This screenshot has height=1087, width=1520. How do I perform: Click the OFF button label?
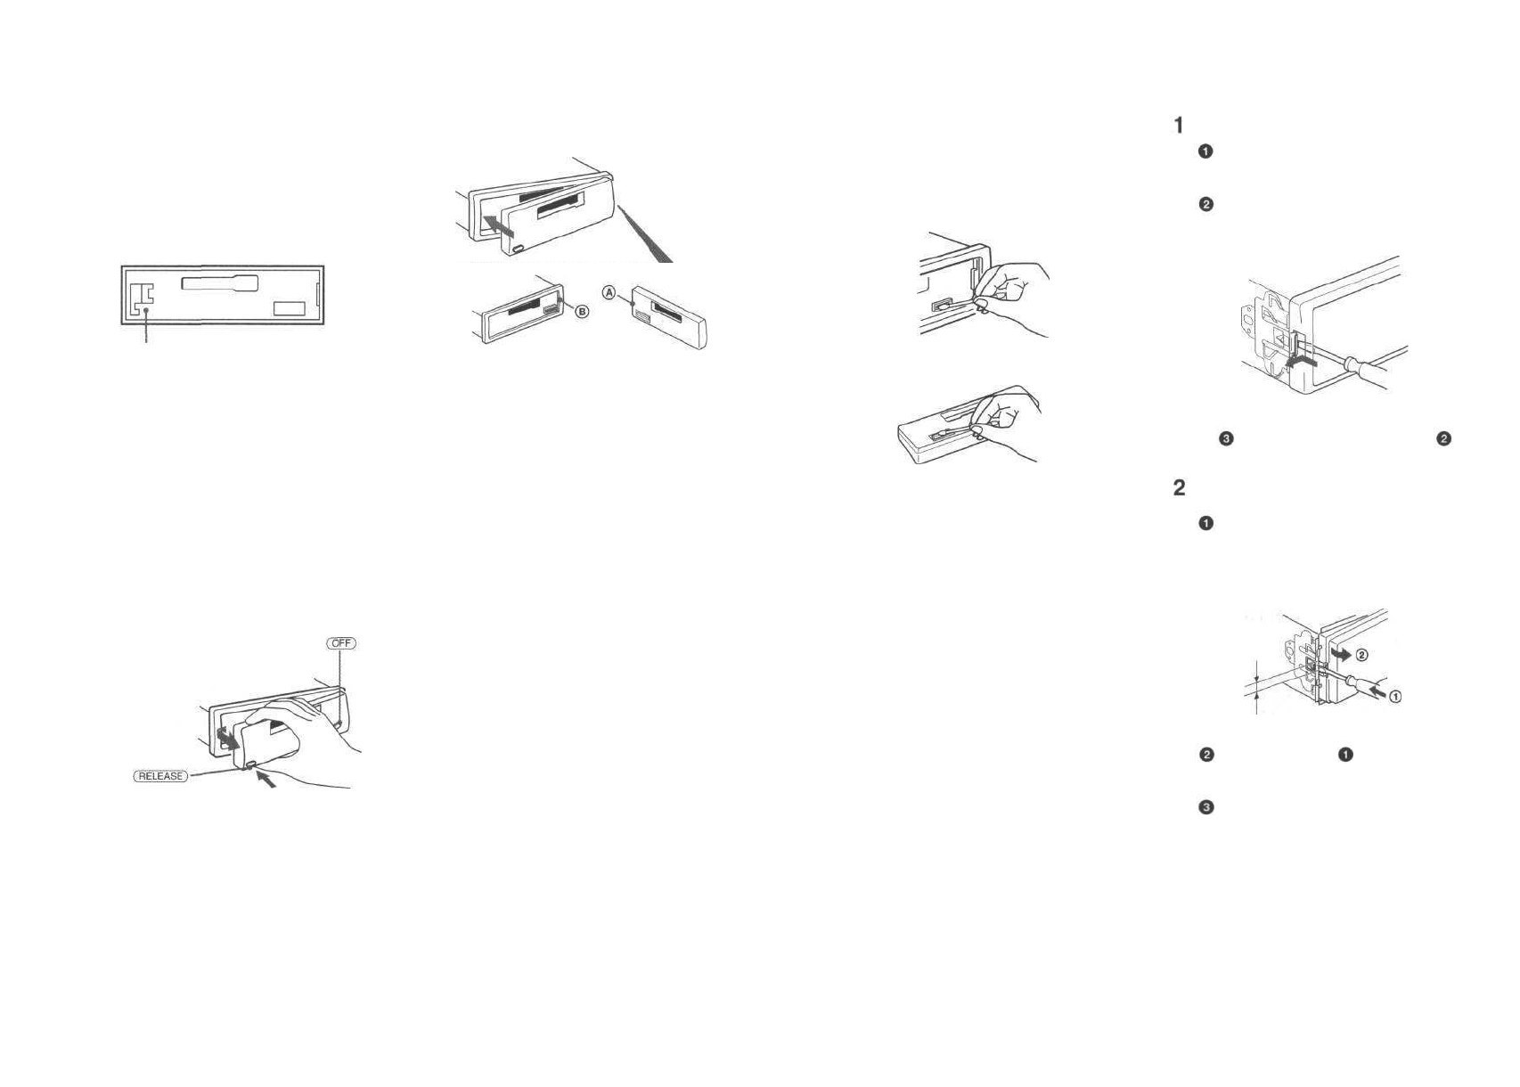click(340, 643)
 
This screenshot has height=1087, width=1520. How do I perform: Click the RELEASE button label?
click(160, 776)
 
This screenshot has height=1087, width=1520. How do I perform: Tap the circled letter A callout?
click(609, 292)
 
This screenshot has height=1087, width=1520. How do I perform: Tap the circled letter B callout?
click(582, 312)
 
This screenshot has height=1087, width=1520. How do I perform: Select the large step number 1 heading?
click(1179, 126)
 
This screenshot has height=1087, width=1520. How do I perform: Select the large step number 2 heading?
click(1179, 488)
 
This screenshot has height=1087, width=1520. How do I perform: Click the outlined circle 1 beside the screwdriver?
click(1395, 697)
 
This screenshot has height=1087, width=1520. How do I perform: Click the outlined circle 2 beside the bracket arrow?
click(1362, 656)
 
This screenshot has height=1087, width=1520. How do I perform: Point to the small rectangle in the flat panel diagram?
click(289, 308)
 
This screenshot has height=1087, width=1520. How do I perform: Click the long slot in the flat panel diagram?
click(219, 283)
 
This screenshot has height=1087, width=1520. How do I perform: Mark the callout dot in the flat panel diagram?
click(145, 311)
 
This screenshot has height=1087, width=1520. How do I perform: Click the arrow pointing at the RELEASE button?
click(266, 781)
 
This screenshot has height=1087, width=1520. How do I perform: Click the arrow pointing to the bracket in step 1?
click(1302, 360)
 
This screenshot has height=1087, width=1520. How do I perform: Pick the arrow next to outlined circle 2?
click(1340, 654)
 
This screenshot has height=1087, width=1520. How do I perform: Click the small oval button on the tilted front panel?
click(518, 249)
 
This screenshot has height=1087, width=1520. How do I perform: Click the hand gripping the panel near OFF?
click(303, 731)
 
